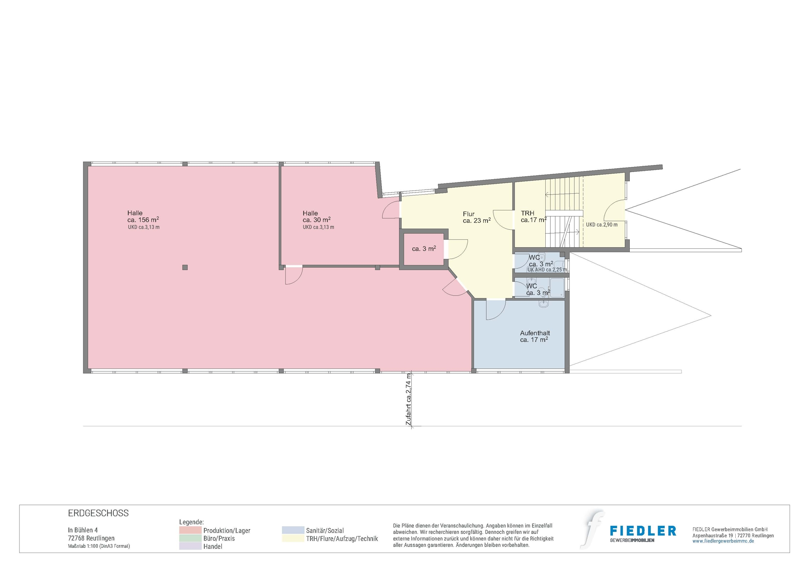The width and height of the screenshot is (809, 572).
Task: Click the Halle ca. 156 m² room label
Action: click(x=143, y=216)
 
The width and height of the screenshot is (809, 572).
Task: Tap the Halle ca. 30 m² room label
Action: click(x=317, y=216)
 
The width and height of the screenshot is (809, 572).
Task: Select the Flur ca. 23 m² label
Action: click(x=477, y=217)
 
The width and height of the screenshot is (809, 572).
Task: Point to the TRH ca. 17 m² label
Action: click(x=534, y=216)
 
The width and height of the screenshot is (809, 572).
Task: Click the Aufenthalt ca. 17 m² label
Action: click(x=535, y=337)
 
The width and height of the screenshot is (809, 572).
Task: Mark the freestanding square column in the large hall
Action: click(x=185, y=267)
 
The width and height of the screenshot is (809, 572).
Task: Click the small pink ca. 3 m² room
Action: click(x=424, y=249)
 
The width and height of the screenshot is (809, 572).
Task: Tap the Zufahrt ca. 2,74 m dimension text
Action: click(x=409, y=399)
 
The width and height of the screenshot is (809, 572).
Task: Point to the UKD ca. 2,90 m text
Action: click(x=602, y=225)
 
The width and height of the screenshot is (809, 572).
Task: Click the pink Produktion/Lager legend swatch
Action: click(x=191, y=530)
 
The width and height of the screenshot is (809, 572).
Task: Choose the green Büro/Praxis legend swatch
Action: click(x=191, y=538)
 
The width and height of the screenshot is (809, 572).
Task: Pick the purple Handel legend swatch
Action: click(x=191, y=546)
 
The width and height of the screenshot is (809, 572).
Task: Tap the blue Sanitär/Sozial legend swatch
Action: click(x=293, y=530)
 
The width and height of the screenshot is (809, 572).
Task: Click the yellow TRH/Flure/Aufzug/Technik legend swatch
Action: click(x=293, y=538)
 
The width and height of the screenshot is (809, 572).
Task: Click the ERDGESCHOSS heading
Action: click(x=98, y=513)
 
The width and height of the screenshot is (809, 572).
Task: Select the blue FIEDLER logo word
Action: click(x=643, y=531)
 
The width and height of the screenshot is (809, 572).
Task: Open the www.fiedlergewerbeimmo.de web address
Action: click(x=723, y=541)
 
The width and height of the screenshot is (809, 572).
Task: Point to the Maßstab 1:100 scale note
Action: click(x=99, y=546)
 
